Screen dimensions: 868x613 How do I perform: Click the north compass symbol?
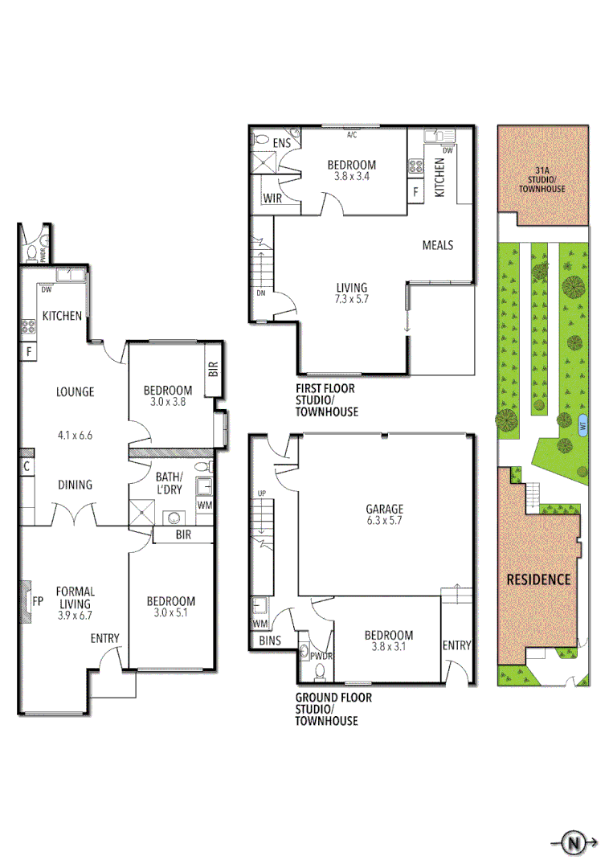(574, 843)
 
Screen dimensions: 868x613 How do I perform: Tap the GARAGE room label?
(383, 509)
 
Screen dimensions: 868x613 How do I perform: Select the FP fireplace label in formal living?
(37, 600)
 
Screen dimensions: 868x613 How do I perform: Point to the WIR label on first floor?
(272, 200)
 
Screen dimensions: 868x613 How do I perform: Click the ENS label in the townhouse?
(281, 143)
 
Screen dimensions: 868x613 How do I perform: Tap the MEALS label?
(438, 245)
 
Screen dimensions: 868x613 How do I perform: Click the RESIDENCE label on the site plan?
(538, 579)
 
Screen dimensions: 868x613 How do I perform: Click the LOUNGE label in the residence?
(75, 392)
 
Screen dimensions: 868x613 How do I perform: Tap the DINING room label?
(75, 485)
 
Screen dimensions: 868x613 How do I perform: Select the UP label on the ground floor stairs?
(260, 493)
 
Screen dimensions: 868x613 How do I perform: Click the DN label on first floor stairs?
(260, 293)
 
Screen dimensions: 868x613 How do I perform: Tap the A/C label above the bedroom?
(352, 134)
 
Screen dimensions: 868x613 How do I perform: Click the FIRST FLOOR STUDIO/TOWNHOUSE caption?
(326, 400)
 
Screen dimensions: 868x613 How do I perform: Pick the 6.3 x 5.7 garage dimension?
(383, 521)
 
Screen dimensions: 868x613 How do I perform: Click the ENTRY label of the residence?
(104, 638)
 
